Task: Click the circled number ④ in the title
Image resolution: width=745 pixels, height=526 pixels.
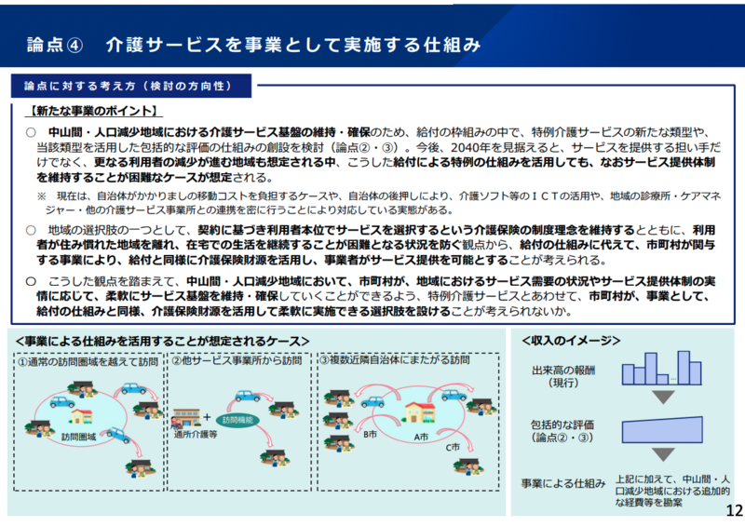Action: pos(76,46)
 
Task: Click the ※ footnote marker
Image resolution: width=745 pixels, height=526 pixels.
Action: pos(42,196)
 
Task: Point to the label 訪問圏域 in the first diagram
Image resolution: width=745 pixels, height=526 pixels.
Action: pos(79,436)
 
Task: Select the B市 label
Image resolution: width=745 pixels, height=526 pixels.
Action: pos(370,435)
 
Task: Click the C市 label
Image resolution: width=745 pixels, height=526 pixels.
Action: pos(453,448)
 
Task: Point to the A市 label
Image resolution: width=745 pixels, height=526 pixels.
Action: pos(420,435)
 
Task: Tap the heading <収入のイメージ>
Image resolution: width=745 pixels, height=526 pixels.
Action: pos(570,340)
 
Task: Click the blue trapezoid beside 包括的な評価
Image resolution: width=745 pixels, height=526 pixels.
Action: pos(661,431)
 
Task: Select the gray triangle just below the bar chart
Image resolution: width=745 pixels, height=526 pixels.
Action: pos(662,398)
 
